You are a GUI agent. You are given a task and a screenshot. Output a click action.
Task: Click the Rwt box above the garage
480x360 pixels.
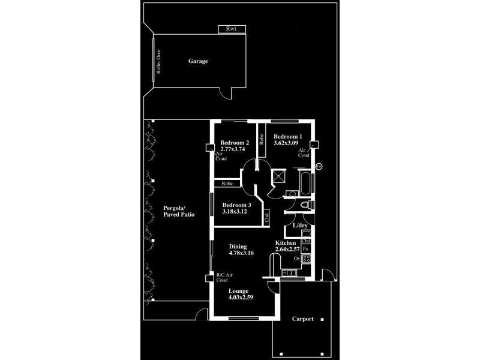[232, 29]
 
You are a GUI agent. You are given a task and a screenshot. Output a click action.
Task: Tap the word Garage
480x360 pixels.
[198, 61]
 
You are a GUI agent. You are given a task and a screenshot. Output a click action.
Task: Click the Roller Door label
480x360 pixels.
[160, 62]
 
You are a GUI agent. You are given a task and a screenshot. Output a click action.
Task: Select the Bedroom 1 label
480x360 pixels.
[287, 136]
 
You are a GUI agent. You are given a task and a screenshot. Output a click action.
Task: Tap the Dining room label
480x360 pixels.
[239, 246]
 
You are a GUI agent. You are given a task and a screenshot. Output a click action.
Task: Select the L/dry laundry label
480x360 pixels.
[300, 226]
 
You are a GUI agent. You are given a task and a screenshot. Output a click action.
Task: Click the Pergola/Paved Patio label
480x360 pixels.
[176, 211]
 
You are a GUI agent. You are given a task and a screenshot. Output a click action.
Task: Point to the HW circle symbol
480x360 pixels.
[319, 166]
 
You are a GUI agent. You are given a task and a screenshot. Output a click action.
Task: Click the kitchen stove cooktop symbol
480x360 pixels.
[305, 259]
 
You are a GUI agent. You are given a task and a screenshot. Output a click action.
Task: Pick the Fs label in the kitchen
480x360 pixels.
[305, 248]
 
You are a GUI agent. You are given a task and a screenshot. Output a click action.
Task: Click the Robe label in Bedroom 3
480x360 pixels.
[227, 183]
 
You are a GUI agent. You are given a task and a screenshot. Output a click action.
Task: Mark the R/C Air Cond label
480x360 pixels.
[225, 277]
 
